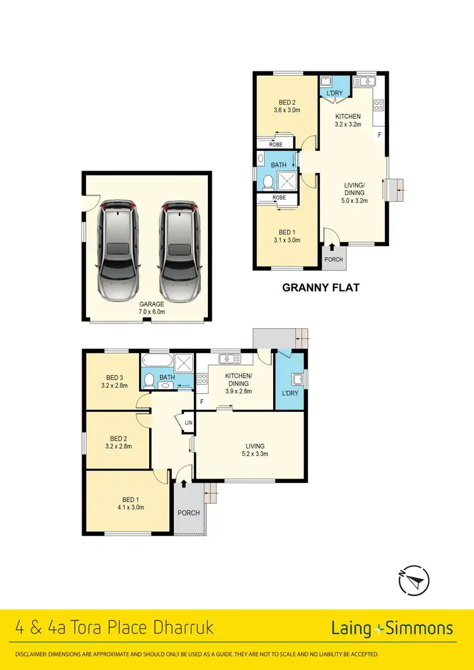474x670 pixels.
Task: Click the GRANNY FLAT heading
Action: (x=320, y=288)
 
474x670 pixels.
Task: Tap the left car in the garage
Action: (x=117, y=250)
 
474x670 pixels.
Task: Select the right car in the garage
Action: (x=180, y=250)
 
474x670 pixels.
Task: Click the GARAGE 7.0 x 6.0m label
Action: (x=147, y=308)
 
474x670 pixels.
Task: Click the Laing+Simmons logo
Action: (x=392, y=628)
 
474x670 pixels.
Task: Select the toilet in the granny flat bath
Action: (x=267, y=182)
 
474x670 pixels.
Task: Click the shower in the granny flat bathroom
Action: (x=286, y=181)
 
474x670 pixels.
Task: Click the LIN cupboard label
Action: (x=188, y=423)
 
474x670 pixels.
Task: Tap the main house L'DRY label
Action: (x=290, y=393)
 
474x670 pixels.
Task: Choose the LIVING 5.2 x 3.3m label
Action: (x=255, y=450)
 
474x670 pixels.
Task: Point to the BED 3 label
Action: (x=114, y=380)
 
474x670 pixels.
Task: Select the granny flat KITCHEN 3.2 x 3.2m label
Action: (x=348, y=120)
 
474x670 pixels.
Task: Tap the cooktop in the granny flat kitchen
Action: (x=379, y=106)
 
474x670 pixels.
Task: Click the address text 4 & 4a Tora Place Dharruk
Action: (x=114, y=628)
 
